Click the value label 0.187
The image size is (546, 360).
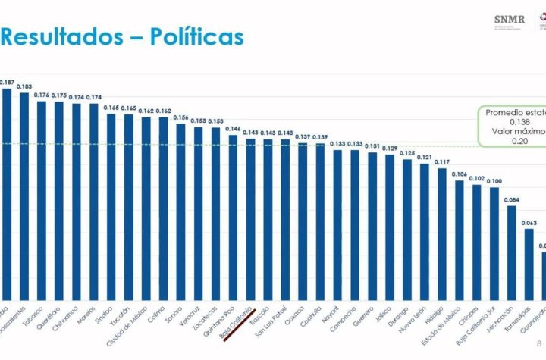pyautogui.click(x=7, y=81)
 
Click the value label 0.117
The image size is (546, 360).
pyautogui.click(x=442, y=161)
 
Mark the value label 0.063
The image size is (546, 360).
pyautogui.click(x=529, y=223)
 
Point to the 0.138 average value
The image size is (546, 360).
pyautogui.click(x=519, y=121)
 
